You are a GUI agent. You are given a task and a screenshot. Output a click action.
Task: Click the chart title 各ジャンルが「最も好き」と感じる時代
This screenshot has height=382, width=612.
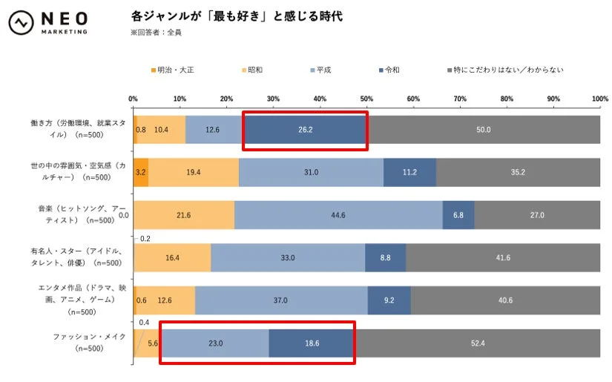tap(237, 16)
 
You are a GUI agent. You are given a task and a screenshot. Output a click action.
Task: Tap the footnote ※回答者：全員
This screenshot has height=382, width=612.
tap(156, 32)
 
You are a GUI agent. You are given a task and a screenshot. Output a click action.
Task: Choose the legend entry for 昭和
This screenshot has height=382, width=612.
tap(253, 70)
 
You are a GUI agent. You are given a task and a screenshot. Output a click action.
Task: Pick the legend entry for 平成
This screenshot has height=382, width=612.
tap(319, 70)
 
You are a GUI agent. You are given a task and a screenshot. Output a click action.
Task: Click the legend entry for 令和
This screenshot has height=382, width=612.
tap(389, 70)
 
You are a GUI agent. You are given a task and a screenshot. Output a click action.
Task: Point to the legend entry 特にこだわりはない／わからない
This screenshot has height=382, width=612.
tap(504, 70)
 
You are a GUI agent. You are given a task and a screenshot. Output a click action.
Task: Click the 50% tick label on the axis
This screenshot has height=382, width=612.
tap(366, 98)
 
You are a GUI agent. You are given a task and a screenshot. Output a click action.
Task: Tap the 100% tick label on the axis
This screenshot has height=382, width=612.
tap(599, 98)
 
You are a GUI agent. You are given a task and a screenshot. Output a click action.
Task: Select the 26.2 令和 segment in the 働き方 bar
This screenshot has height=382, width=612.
tap(305, 129)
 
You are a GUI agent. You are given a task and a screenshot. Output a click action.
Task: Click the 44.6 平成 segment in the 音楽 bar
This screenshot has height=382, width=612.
tap(339, 215)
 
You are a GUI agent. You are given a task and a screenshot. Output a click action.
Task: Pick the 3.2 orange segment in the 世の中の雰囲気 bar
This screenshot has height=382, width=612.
tap(141, 172)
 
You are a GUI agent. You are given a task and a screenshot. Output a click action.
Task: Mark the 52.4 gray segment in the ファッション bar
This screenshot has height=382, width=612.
tap(478, 343)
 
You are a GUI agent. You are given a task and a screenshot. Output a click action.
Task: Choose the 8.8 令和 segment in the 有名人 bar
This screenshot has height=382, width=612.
tap(385, 257)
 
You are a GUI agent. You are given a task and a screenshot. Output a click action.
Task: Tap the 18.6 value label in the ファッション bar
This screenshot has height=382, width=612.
tap(311, 343)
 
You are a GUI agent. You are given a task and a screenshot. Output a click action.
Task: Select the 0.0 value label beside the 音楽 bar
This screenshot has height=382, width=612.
tap(124, 215)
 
